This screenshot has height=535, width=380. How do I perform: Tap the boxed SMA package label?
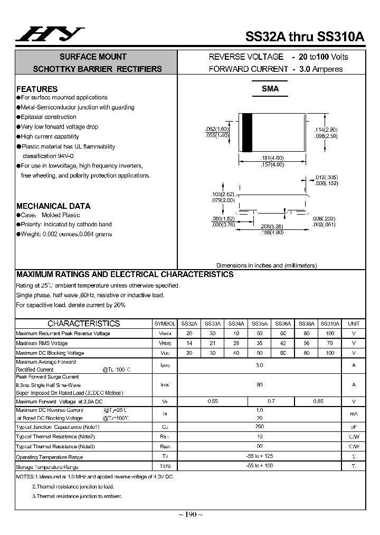pos(270,89)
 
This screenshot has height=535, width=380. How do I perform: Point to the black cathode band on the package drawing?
pos(246,132)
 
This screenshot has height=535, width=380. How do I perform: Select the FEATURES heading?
pos(37,89)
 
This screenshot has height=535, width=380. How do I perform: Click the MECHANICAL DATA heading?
pos(53,206)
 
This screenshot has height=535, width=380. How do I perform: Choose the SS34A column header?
pos(235,324)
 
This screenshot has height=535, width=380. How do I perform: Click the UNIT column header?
pos(354,324)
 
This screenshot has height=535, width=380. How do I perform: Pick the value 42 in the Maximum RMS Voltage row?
pos(283,343)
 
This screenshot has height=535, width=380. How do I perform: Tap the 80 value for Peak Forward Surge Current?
pos(259,385)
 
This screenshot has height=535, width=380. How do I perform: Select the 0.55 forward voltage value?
pos(213,401)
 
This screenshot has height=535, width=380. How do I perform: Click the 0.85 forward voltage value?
pos(318,401)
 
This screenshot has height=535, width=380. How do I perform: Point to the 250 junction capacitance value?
pos(259,426)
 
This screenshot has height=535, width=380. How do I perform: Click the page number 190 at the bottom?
pos(190,514)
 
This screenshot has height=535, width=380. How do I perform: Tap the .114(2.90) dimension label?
pos(326,130)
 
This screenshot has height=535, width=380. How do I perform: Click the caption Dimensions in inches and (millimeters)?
pos(266,265)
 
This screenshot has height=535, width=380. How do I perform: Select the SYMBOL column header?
pos(165,324)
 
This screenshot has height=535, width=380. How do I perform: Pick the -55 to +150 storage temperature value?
pos(259,466)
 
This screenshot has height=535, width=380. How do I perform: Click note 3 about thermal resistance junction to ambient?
pos(77,496)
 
